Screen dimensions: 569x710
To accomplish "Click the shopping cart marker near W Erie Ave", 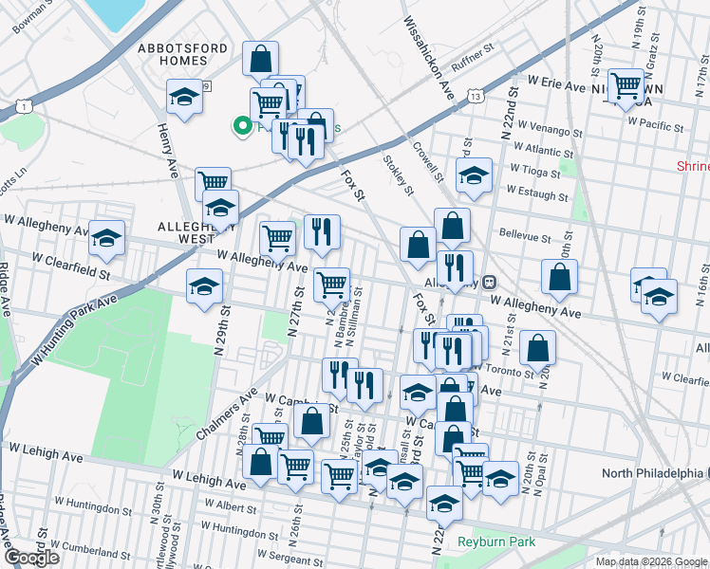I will coord(625,86).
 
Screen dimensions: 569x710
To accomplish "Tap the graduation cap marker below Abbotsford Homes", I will coord(184,97).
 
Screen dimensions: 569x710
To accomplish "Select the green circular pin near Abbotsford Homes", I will coord(242,124).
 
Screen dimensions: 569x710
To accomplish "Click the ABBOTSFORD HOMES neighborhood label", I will coord(172,54).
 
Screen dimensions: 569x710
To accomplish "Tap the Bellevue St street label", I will coord(525,236).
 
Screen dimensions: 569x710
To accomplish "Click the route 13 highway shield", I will coord(476,96).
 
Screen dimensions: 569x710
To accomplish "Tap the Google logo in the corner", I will coord(31,558).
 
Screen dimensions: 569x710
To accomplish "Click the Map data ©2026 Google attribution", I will coord(651,561).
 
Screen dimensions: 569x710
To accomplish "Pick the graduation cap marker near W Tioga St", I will coord(474,174).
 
